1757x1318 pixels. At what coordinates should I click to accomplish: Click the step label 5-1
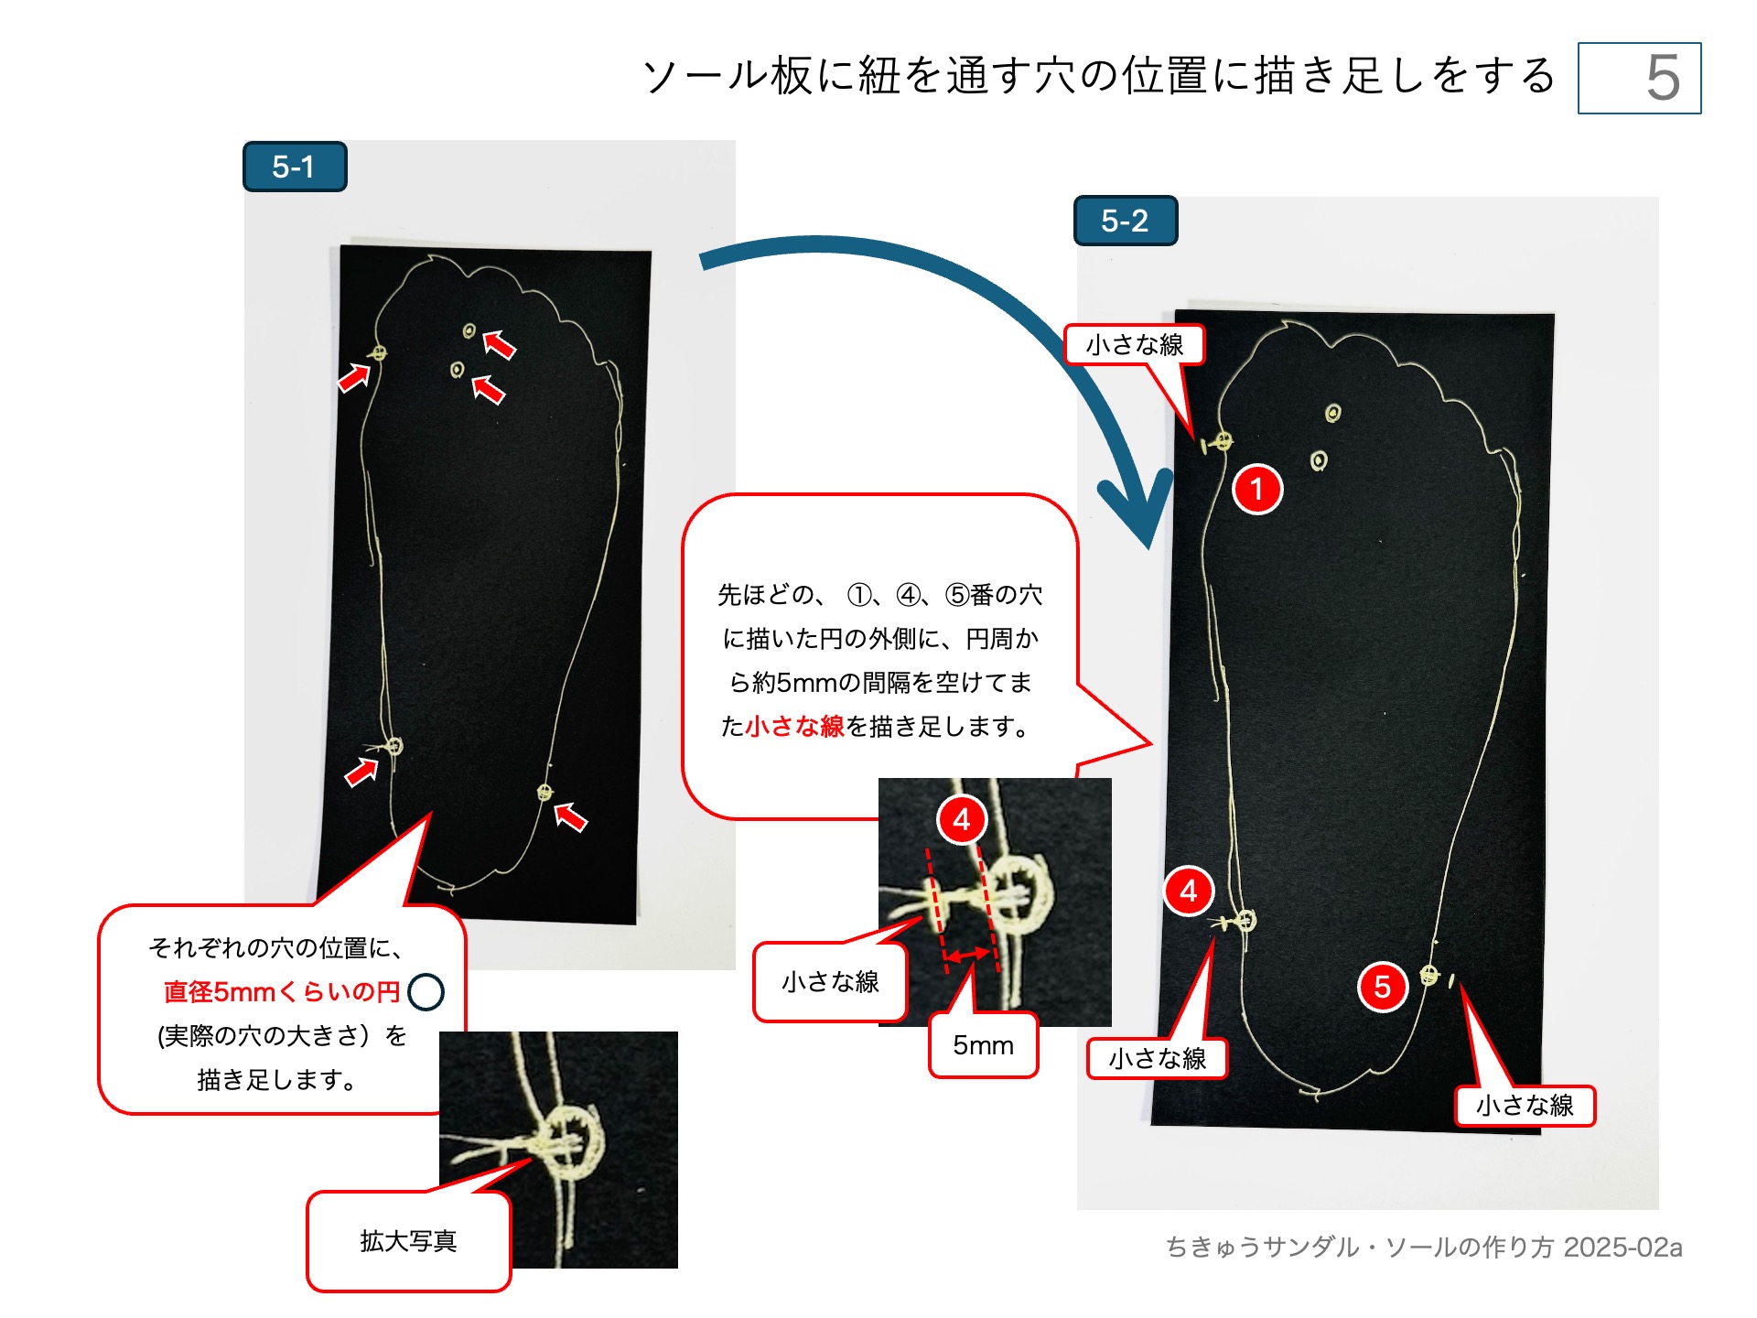(x=294, y=167)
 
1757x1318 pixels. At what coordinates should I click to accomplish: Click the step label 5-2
(x=1125, y=221)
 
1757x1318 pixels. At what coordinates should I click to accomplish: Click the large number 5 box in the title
(x=1639, y=79)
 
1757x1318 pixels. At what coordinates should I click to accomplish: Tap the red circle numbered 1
(x=1257, y=489)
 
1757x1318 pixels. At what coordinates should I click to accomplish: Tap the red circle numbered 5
(x=1382, y=986)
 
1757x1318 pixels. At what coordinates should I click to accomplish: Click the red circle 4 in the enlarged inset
(x=961, y=819)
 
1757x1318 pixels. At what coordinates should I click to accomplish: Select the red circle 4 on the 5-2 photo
(x=1188, y=890)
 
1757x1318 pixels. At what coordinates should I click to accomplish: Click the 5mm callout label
(x=983, y=1045)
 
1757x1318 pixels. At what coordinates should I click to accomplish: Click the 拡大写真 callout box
(x=408, y=1241)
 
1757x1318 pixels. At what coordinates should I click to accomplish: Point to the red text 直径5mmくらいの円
(x=282, y=992)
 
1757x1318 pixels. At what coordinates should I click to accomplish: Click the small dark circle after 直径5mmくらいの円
(x=426, y=992)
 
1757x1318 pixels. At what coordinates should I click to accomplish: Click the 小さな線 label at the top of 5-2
(x=1134, y=345)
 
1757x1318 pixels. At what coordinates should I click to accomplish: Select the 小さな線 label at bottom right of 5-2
(x=1525, y=1106)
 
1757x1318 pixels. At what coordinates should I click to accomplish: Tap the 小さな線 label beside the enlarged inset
(x=830, y=982)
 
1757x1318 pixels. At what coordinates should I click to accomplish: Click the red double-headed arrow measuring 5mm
(x=967, y=956)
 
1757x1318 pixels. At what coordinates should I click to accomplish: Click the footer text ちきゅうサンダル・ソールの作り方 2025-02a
(x=1424, y=1248)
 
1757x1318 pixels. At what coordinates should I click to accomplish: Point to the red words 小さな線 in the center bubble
(x=794, y=727)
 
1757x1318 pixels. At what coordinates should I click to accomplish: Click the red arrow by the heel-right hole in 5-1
(x=571, y=816)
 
